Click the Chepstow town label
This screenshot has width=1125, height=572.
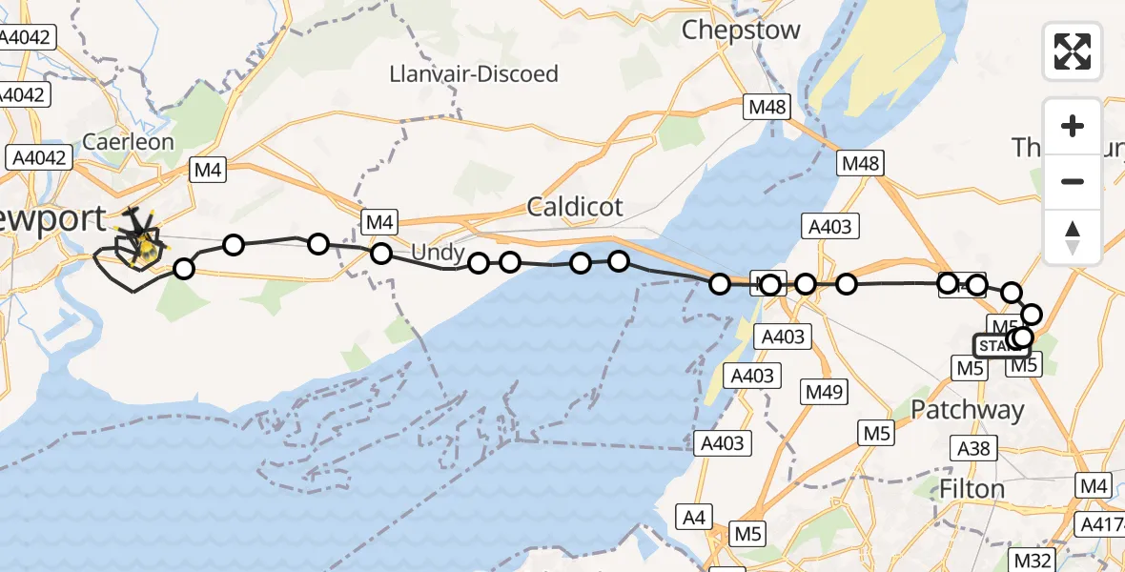(x=741, y=30)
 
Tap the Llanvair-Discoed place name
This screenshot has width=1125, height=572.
(x=475, y=73)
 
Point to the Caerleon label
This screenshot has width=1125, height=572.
(x=128, y=142)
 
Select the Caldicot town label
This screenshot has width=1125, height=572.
(x=575, y=206)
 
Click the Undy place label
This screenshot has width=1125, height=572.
(x=439, y=254)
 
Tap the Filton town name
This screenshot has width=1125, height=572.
(x=972, y=489)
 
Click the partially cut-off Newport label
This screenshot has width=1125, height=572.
(x=53, y=218)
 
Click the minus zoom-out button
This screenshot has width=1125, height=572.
(x=1073, y=181)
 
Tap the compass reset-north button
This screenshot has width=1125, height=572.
(x=1073, y=236)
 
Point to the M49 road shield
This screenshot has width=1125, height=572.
(x=822, y=392)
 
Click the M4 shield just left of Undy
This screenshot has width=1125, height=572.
(x=379, y=223)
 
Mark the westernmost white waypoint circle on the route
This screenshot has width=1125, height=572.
(x=183, y=269)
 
